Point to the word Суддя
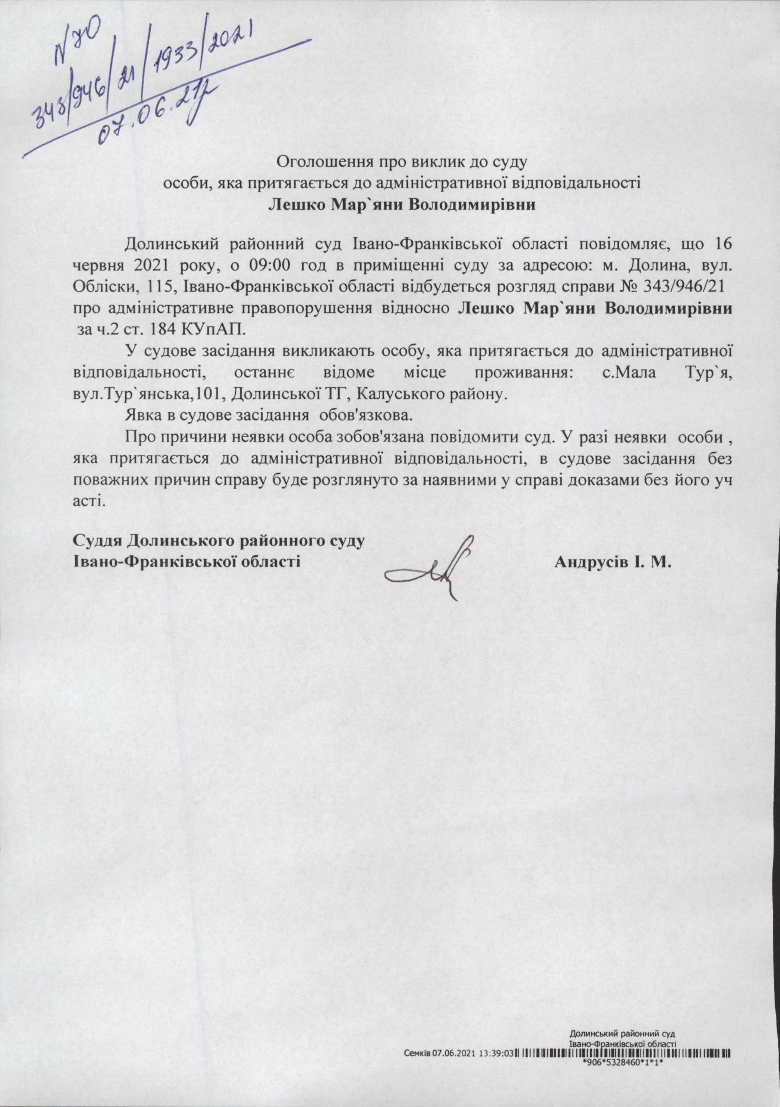click(x=97, y=541)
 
